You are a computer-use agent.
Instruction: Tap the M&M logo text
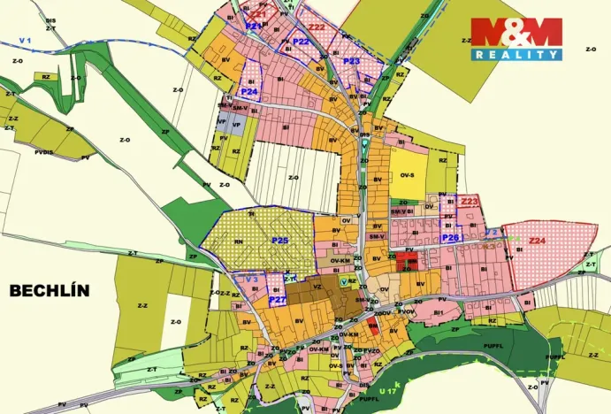516,33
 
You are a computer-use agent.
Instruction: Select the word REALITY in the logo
516,55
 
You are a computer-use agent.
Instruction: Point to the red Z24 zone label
537,241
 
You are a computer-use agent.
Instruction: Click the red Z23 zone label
470,203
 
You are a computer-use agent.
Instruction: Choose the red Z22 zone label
317,27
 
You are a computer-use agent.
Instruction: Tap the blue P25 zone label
280,241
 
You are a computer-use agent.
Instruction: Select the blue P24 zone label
249,91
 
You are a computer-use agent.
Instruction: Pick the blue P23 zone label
351,61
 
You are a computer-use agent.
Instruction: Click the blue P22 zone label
301,41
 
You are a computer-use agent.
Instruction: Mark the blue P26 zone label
450,237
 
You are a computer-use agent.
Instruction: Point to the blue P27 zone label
277,300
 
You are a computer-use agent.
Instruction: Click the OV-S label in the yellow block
407,175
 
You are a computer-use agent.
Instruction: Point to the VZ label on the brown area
317,287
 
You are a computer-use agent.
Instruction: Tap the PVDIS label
45,151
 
